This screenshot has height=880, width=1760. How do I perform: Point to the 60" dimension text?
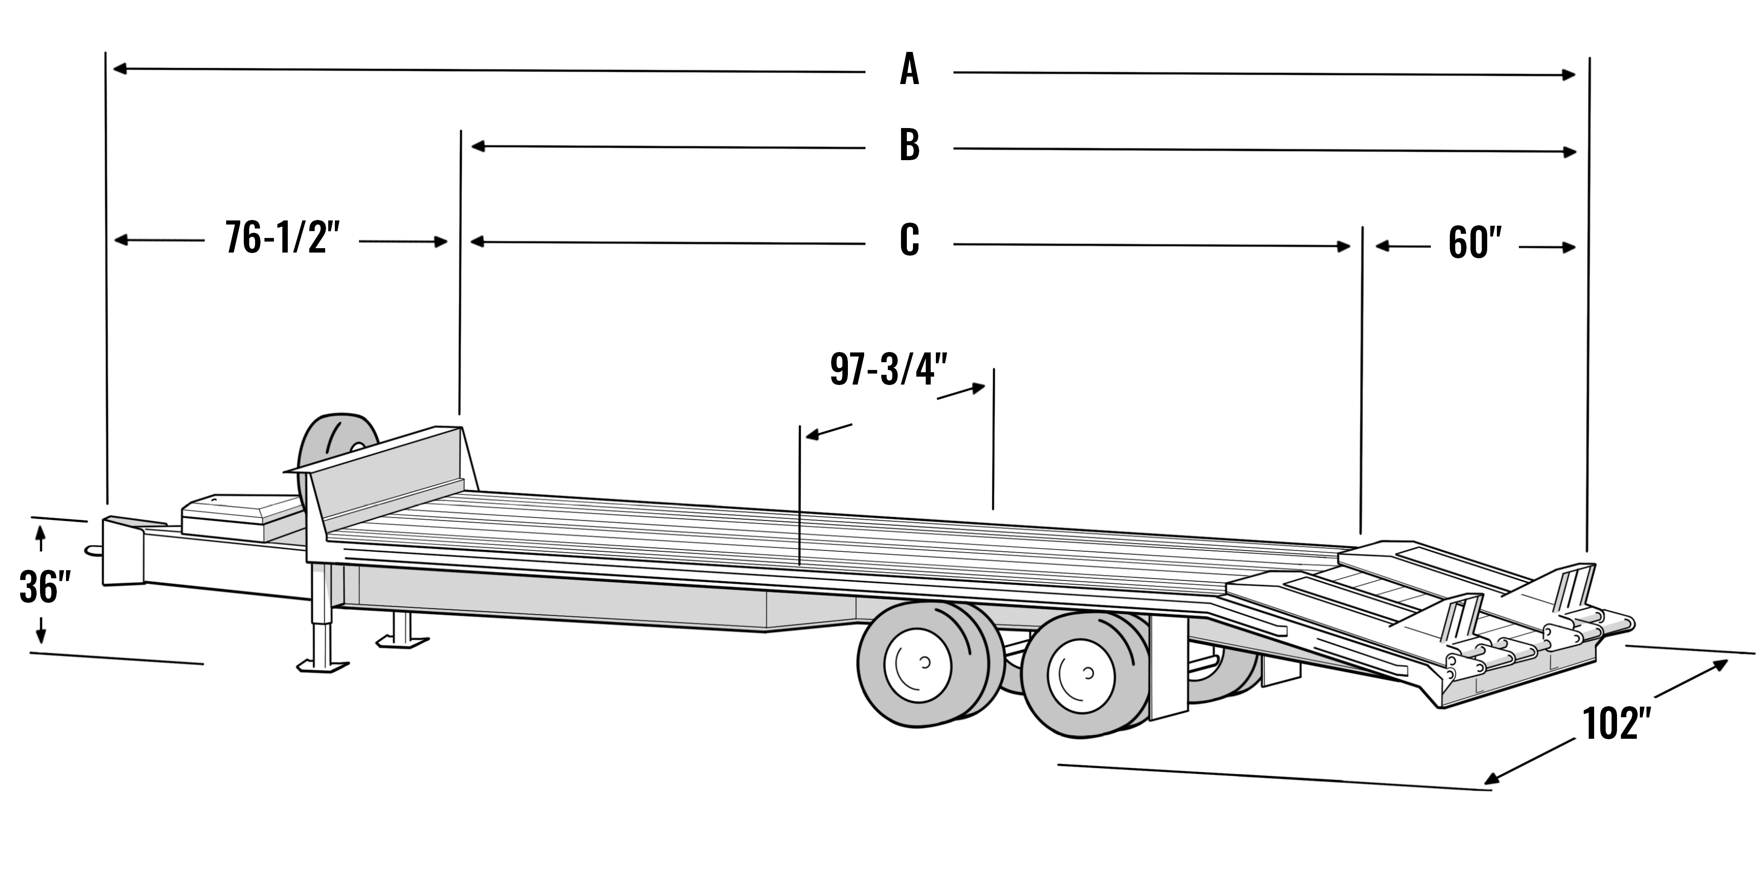[x=1474, y=244]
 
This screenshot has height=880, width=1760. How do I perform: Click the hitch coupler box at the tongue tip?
[x=123, y=552]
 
